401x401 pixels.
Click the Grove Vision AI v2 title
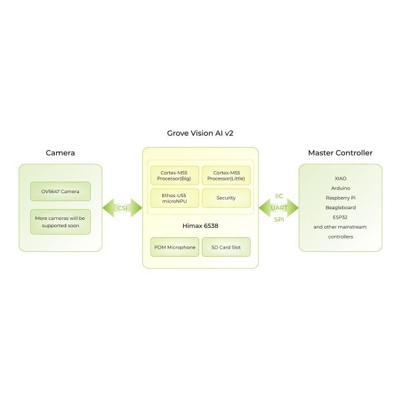click(200, 133)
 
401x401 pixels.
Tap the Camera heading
click(60, 153)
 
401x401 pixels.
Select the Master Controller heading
click(340, 153)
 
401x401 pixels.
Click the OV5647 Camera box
click(60, 192)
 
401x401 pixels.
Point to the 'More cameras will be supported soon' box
click(60, 222)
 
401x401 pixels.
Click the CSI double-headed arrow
click(123, 208)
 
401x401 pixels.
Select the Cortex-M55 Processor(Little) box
click(226, 176)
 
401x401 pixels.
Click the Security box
click(226, 198)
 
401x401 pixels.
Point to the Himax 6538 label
click(200, 225)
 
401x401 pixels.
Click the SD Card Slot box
click(226, 247)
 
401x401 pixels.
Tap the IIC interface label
click(279, 196)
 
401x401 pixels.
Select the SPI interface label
click(279, 220)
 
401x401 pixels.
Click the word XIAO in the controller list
click(340, 178)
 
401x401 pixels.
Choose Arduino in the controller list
click(340, 188)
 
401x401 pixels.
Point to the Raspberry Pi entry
click(340, 198)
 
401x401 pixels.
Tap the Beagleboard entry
click(340, 207)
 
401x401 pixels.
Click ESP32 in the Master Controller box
click(340, 217)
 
